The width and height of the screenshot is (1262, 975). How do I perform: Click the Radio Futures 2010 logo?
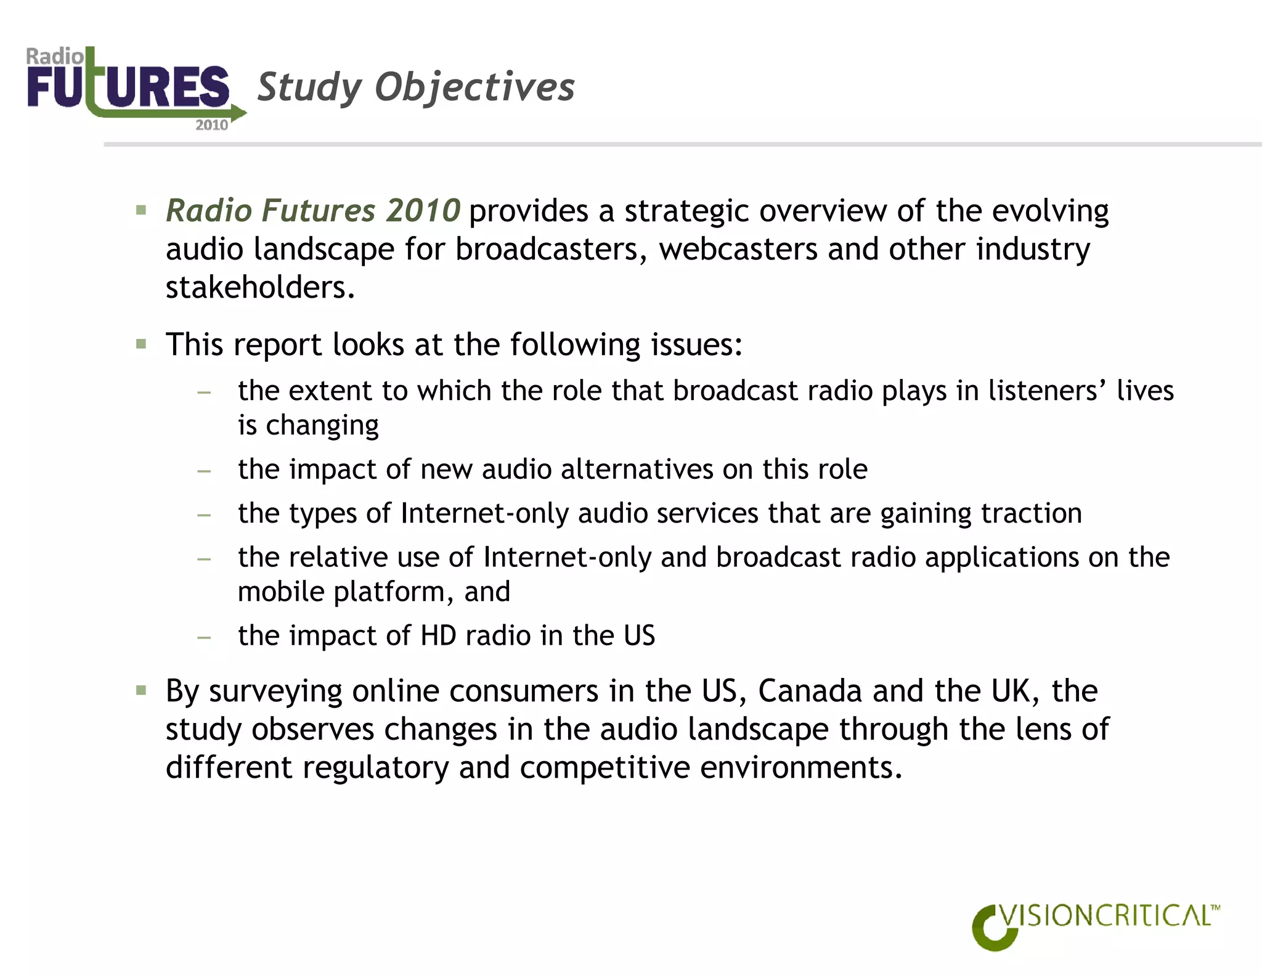click(132, 88)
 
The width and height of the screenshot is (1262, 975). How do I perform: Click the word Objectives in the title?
click(474, 87)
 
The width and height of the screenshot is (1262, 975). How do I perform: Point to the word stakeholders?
click(259, 288)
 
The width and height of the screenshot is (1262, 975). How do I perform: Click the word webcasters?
click(738, 250)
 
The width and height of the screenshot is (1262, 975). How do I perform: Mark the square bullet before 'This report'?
click(141, 344)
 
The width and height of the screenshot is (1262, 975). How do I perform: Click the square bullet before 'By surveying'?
click(141, 690)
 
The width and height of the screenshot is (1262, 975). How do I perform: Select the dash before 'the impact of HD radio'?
click(204, 637)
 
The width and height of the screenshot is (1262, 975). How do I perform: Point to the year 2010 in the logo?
click(211, 125)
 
